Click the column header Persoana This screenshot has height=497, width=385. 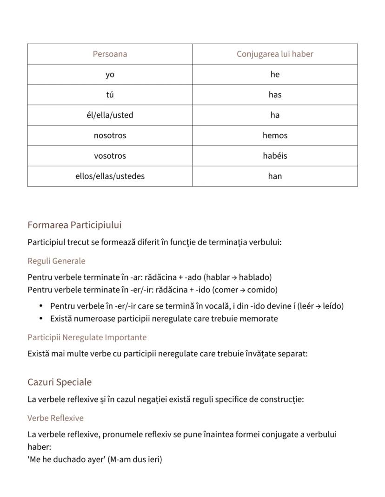pos(110,54)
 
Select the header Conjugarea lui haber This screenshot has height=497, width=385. pos(275,54)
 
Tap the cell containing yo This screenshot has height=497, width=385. pos(110,74)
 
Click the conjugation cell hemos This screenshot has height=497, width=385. pos(275,136)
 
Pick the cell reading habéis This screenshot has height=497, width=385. pos(275,156)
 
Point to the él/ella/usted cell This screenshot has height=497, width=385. pos(110,115)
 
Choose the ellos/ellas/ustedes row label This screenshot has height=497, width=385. pos(110,176)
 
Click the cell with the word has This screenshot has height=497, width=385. pos(275,95)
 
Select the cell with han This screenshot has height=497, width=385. pos(275,176)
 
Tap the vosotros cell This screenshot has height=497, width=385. pos(110,156)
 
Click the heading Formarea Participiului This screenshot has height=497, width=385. pos(74,225)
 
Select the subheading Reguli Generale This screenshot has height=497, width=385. pos(56,261)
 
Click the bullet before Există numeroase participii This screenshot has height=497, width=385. pos(41,319)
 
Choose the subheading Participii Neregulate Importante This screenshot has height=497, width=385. pos(87,337)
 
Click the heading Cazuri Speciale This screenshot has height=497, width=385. pos(60,382)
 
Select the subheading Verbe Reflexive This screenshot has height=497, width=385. pos(55,418)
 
